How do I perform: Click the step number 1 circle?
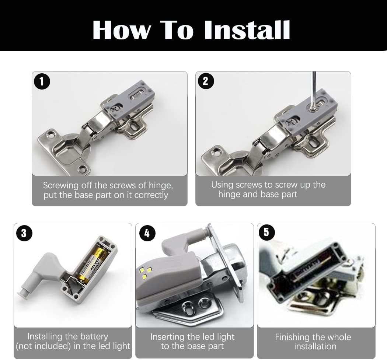tap(42, 81)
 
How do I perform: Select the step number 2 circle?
tap(205, 81)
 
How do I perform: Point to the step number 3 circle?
tap(24, 233)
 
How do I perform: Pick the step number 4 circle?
tap(147, 233)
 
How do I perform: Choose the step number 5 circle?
tap(266, 232)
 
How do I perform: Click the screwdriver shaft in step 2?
tap(313, 89)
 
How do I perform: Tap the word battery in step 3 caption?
tap(94, 337)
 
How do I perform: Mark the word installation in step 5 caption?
tap(315, 346)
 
